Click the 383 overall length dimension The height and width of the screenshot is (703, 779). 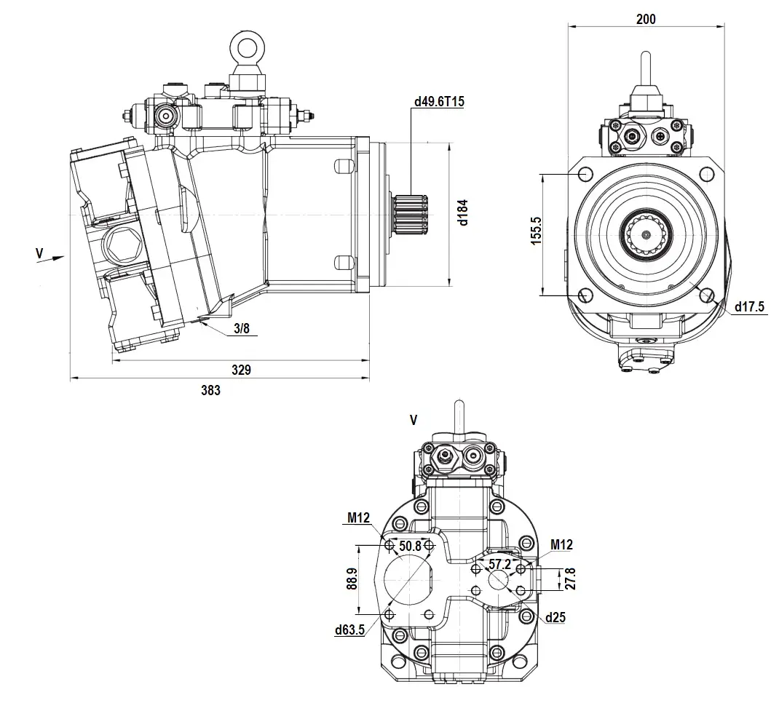pos(210,390)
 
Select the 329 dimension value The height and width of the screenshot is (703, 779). pos(241,370)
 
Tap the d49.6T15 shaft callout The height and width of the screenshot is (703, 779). pos(438,102)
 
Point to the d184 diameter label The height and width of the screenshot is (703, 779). pos(463,211)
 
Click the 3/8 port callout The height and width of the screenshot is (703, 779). pos(242,329)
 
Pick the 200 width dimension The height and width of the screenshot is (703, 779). pos(645,19)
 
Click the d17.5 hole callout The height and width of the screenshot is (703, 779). pos(749,306)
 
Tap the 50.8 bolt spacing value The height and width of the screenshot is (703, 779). pos(410,546)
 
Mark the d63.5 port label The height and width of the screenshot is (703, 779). pos(349,630)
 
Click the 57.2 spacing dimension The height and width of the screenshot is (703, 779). pos(499,565)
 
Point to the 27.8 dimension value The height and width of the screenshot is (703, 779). pos(571,580)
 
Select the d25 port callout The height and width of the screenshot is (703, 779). pos(555,617)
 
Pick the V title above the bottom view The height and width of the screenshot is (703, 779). pos(414,420)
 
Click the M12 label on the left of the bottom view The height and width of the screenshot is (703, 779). pos(358,518)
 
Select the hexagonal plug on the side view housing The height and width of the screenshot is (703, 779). pos(119,247)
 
